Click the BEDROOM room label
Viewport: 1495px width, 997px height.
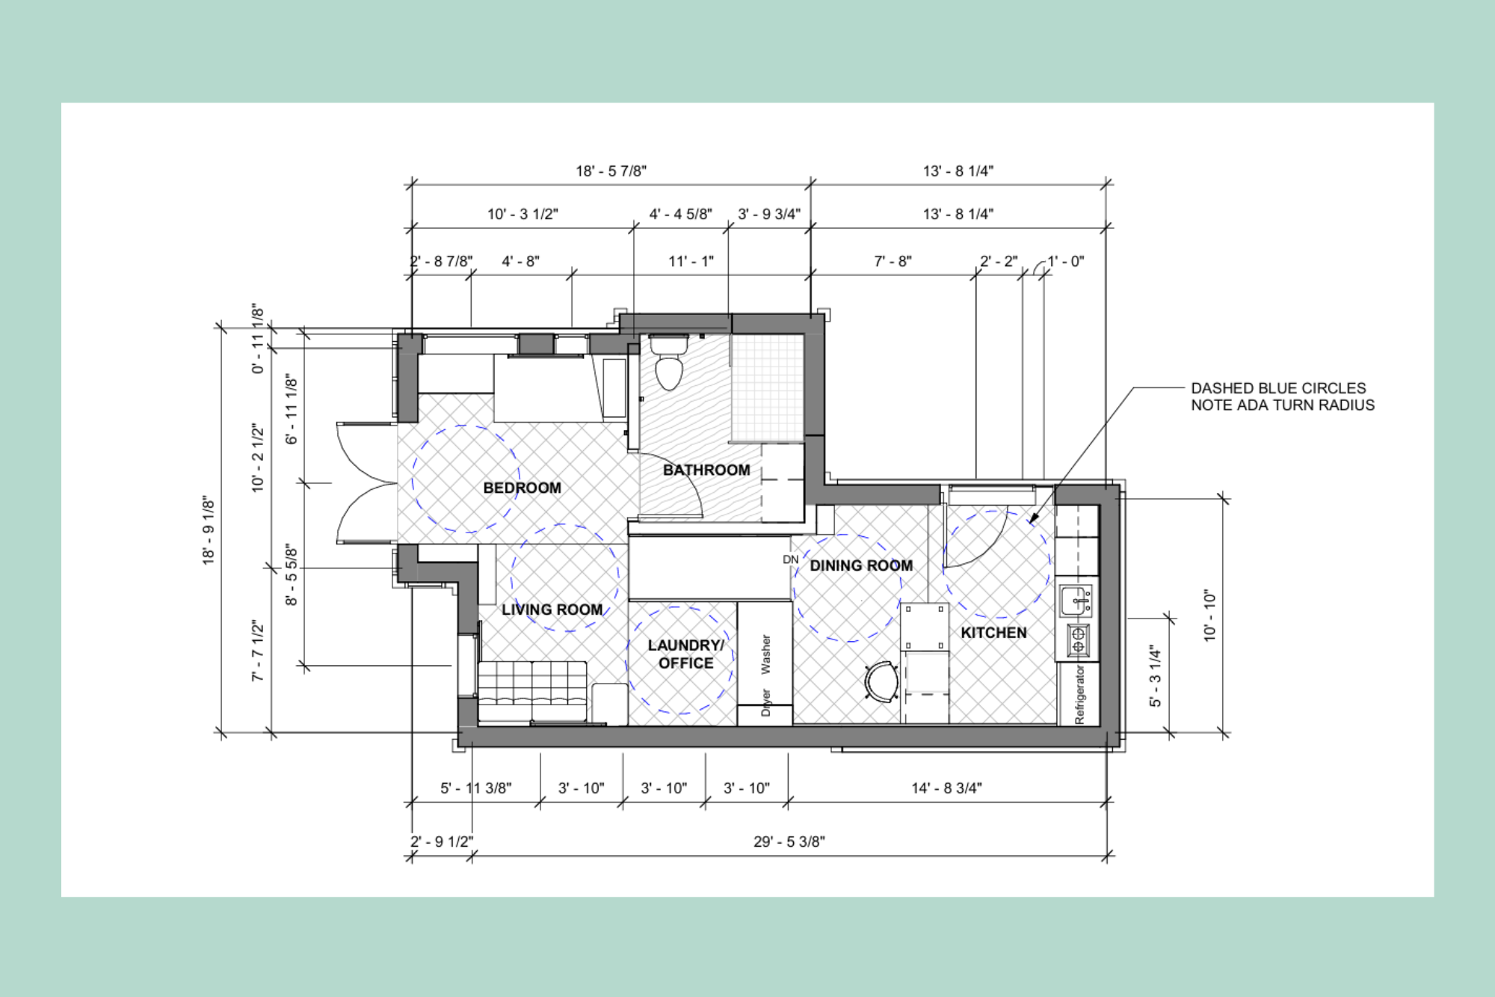click(x=522, y=488)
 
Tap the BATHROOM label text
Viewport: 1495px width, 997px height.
click(x=706, y=470)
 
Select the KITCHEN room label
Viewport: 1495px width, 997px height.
click(x=993, y=633)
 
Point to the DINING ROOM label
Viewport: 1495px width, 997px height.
click(x=861, y=565)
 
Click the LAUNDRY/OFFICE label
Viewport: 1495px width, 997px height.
click(x=685, y=654)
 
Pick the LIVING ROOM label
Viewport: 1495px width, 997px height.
click(x=552, y=610)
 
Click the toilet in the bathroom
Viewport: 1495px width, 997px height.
click(x=668, y=366)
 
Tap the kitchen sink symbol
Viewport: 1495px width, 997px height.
click(x=1076, y=601)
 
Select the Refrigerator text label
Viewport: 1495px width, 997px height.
click(x=1079, y=695)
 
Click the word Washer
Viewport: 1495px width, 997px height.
click(x=765, y=654)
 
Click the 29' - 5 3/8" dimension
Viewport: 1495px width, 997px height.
click(x=789, y=841)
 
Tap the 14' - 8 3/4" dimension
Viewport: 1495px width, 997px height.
click(x=946, y=788)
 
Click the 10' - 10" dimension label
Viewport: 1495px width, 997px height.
click(x=1209, y=616)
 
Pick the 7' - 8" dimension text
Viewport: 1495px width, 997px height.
click(x=893, y=261)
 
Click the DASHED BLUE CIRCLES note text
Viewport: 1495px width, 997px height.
click(x=1282, y=396)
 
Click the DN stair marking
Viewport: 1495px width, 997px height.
click(x=790, y=559)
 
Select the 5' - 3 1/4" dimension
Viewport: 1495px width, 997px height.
click(x=1155, y=676)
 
